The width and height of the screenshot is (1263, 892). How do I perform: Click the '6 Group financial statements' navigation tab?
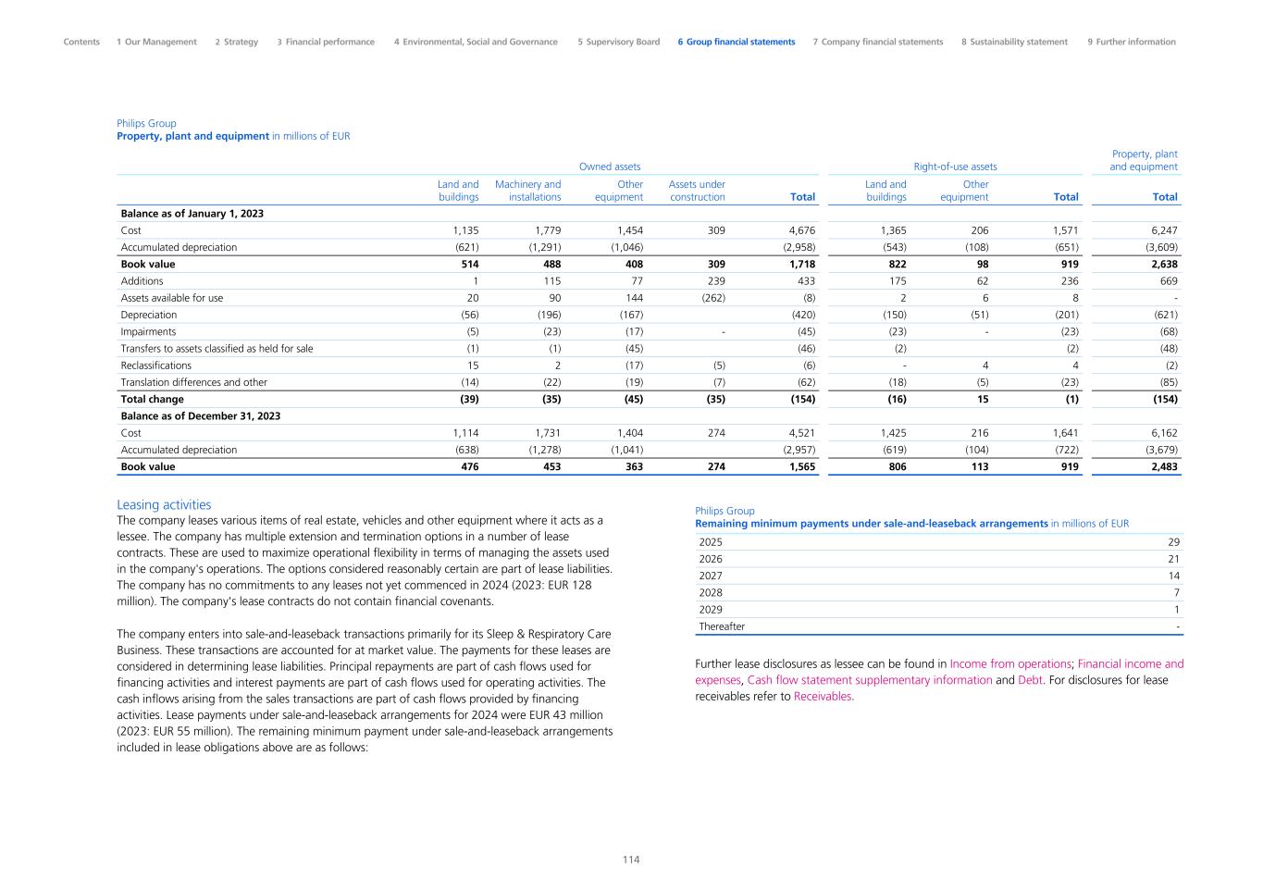coord(736,42)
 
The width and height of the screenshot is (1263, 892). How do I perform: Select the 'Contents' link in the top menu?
coord(81,42)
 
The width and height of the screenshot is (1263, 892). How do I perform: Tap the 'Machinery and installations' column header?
coord(527,191)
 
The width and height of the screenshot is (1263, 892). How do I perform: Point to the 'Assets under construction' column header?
coord(697,191)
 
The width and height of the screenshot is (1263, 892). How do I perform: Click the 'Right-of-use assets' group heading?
coord(955,167)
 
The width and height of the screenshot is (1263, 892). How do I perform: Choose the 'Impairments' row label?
coord(148,331)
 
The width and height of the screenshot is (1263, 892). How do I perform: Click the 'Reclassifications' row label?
coord(155,365)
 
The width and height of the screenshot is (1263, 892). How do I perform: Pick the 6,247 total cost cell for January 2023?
coord(1164,230)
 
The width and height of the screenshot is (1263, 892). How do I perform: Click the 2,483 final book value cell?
coord(1164,466)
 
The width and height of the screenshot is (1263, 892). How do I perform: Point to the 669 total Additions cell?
coord(1169,281)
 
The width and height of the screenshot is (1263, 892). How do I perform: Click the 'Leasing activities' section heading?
coord(164,504)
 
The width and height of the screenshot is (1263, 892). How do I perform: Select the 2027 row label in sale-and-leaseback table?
coord(711,576)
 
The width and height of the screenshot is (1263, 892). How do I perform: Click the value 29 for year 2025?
coord(1173,542)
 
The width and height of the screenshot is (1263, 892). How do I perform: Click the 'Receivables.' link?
coord(823,697)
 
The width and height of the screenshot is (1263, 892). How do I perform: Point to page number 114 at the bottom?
coord(631,860)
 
